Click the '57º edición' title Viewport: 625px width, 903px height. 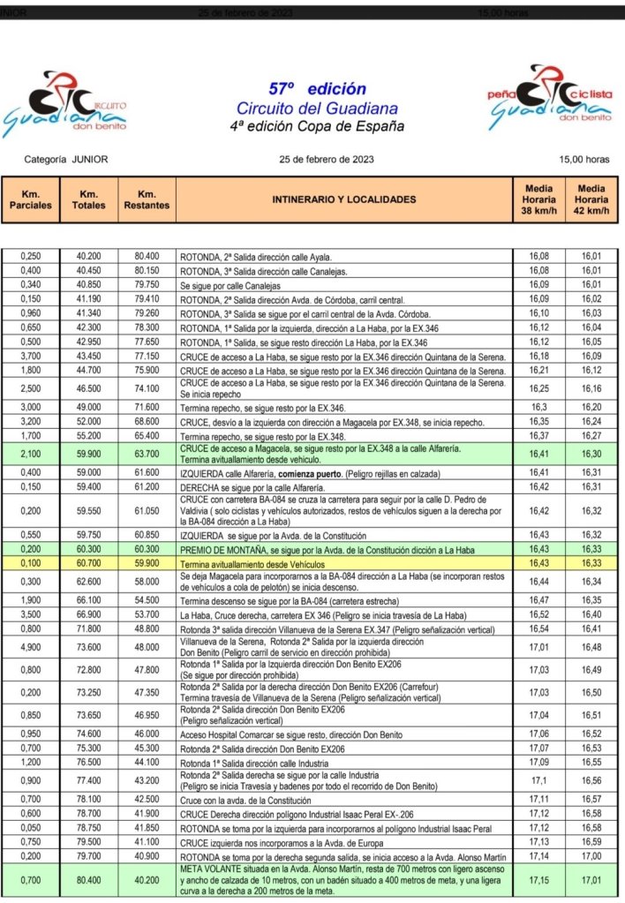(x=317, y=88)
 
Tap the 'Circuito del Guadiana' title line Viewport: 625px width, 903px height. (x=317, y=108)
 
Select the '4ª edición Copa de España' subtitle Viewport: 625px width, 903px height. (x=317, y=126)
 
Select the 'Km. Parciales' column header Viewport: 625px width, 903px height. (x=31, y=199)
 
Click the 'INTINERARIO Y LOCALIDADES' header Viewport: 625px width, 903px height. (x=344, y=199)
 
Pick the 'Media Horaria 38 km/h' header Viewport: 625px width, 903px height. (x=539, y=199)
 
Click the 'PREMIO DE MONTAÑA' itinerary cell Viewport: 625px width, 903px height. (x=345, y=548)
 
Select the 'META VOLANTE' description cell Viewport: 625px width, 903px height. (x=345, y=879)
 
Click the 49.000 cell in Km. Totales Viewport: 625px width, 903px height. (x=88, y=409)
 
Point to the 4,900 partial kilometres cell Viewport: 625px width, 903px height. (x=31, y=646)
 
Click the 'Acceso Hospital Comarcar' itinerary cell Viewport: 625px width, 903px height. (x=345, y=733)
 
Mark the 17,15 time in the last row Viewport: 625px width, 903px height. (x=539, y=879)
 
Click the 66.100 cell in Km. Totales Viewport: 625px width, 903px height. (x=88, y=598)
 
